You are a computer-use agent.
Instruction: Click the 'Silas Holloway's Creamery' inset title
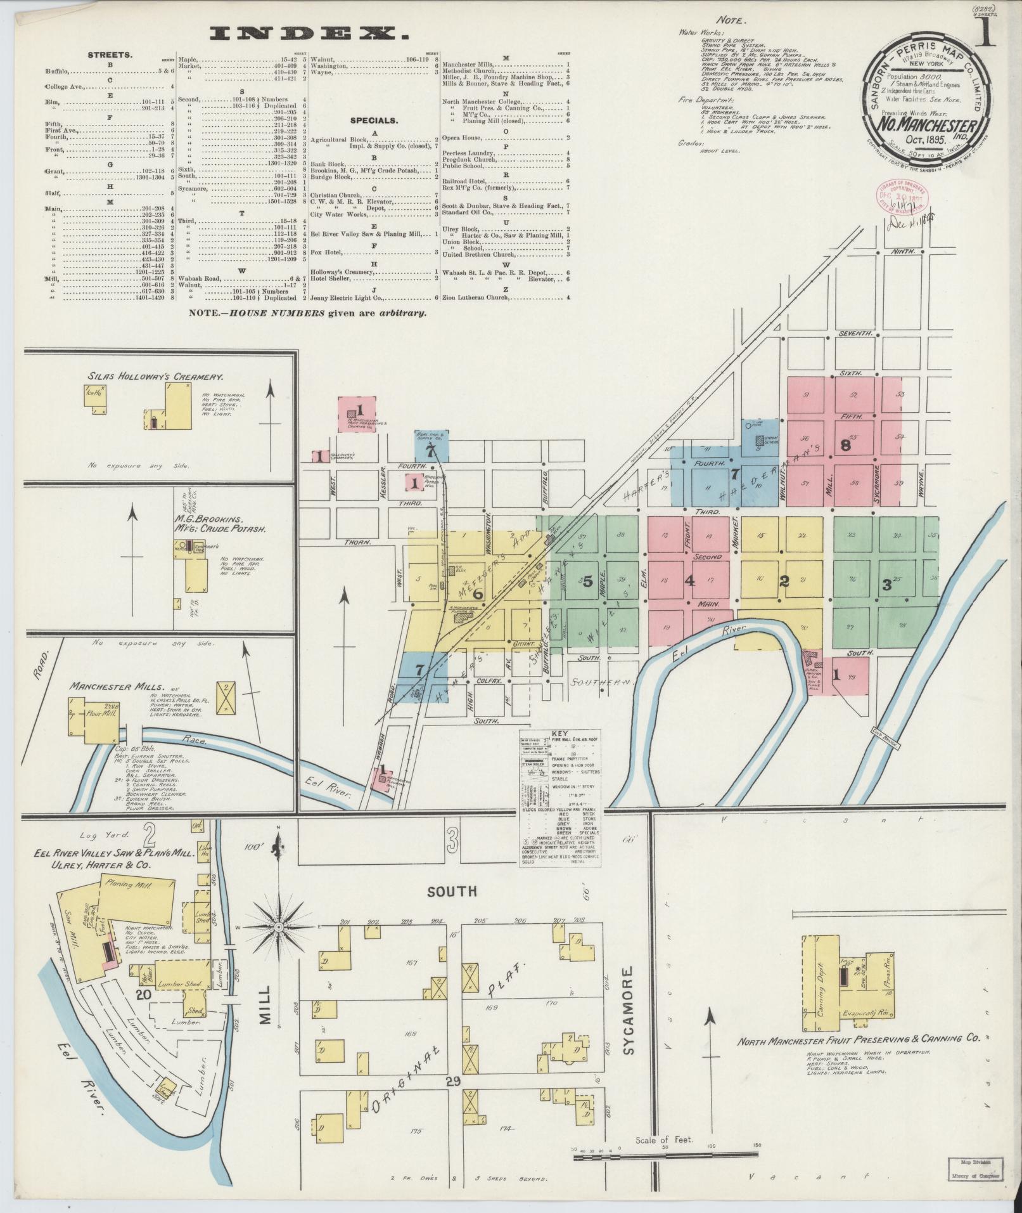[x=155, y=376]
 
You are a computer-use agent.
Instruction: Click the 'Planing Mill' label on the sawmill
[x=127, y=883]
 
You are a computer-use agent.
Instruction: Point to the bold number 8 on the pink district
[x=845, y=446]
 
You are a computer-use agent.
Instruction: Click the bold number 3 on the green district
[x=886, y=585]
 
